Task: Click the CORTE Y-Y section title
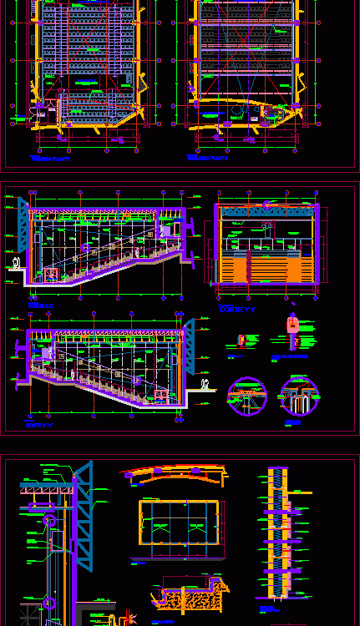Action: coord(236,309)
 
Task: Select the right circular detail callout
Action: coord(300,396)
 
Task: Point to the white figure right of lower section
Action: coord(205,384)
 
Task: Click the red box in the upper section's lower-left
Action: coord(50,273)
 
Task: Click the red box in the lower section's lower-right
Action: coord(158,394)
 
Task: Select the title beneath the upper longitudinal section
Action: coord(40,306)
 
